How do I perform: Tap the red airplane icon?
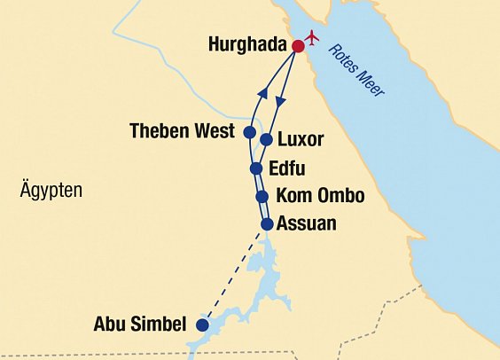click(311, 38)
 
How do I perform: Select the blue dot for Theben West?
click(250, 134)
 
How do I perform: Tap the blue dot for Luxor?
click(266, 139)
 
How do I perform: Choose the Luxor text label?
click(301, 140)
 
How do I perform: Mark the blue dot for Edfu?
click(256, 168)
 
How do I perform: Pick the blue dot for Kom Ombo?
click(262, 197)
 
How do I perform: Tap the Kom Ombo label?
click(320, 196)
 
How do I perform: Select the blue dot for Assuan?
click(266, 223)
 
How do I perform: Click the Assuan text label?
click(307, 223)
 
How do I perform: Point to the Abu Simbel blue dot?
click(202, 325)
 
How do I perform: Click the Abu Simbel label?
click(140, 325)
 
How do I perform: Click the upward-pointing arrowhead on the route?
click(262, 93)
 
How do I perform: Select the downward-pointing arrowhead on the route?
click(282, 104)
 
